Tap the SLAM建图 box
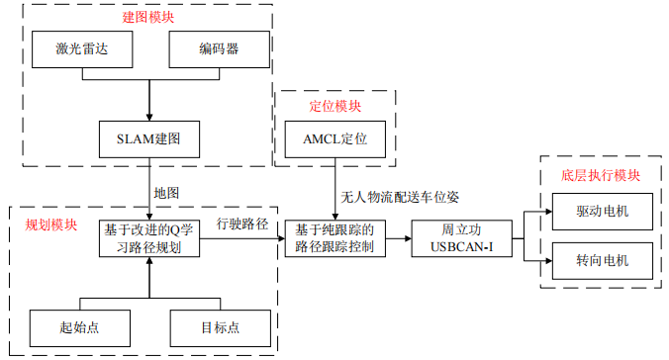point(149,138)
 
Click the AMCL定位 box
point(334,138)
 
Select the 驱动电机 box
point(602,213)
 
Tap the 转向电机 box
point(602,262)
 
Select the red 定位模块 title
point(334,105)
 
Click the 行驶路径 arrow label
point(242,225)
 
